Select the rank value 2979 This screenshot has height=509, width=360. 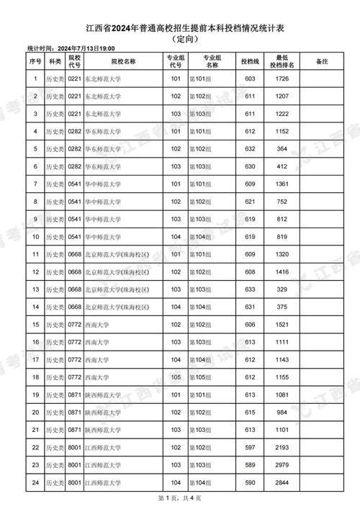click(282, 464)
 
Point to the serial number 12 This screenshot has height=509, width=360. click(35, 271)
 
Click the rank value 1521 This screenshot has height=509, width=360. click(282, 324)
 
